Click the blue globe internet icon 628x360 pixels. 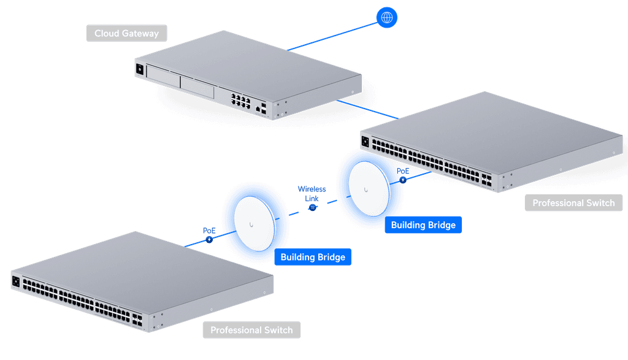[x=386, y=18]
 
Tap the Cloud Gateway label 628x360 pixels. [x=126, y=33]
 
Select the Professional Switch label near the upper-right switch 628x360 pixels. [x=573, y=203]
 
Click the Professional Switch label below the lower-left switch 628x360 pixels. [x=251, y=330]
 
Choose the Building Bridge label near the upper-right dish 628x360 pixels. [x=423, y=225]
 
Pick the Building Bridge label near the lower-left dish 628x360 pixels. [x=313, y=257]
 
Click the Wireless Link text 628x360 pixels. [x=312, y=194]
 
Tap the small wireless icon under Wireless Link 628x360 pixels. [x=312, y=207]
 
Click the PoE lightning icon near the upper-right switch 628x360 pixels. [x=403, y=180]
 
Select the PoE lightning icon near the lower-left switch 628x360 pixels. [x=209, y=239]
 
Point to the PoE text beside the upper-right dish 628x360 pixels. [x=403, y=171]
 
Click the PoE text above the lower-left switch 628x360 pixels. [x=209, y=231]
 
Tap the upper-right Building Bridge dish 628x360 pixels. [x=369, y=189]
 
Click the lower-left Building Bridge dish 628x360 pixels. [x=255, y=224]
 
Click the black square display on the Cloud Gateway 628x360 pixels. [x=139, y=69]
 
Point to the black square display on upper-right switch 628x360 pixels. [x=365, y=141]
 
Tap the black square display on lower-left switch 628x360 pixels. [x=15, y=281]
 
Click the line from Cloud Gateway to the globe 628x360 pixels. [x=332, y=36]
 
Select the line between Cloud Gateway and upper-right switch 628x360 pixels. [x=368, y=109]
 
